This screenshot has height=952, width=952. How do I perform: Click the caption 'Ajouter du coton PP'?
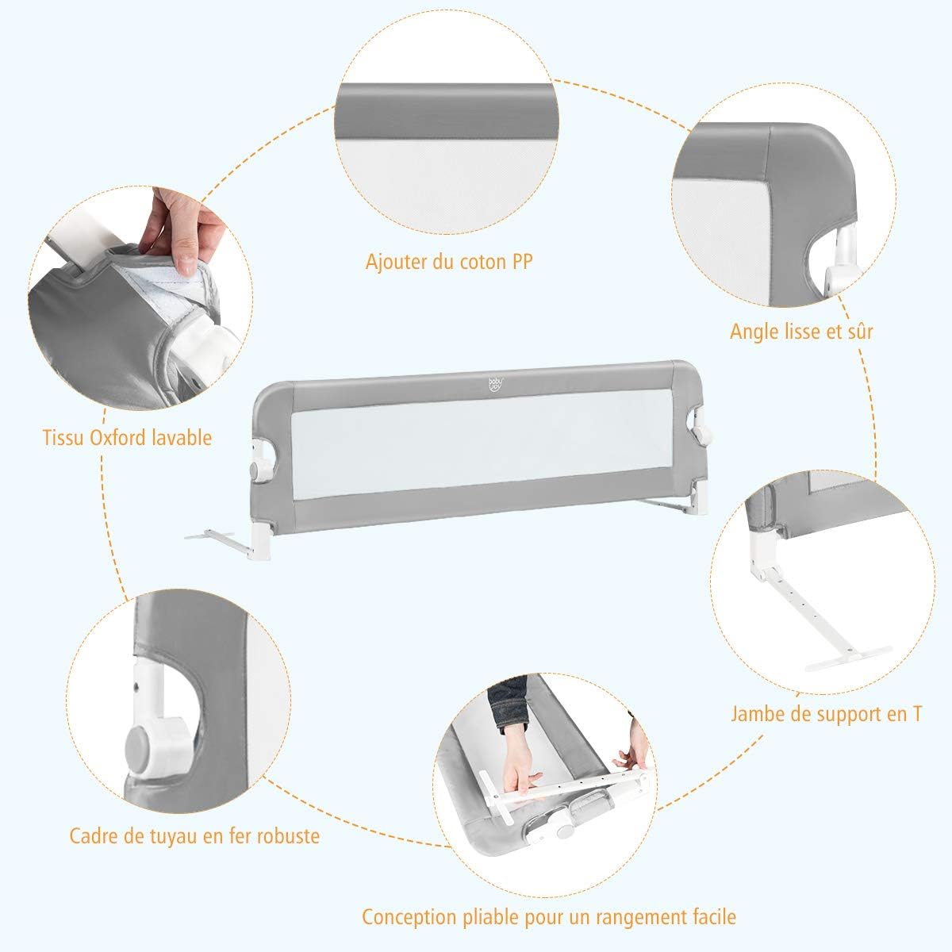pos(448,262)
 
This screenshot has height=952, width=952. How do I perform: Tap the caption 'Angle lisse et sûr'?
pos(801,330)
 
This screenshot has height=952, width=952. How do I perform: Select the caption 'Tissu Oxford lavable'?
pos(128,436)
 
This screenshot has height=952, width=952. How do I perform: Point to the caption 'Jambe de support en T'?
pos(826,713)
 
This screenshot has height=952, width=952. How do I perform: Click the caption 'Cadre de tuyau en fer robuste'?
pos(194,835)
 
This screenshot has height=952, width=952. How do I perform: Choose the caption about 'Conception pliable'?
pos(549,917)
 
